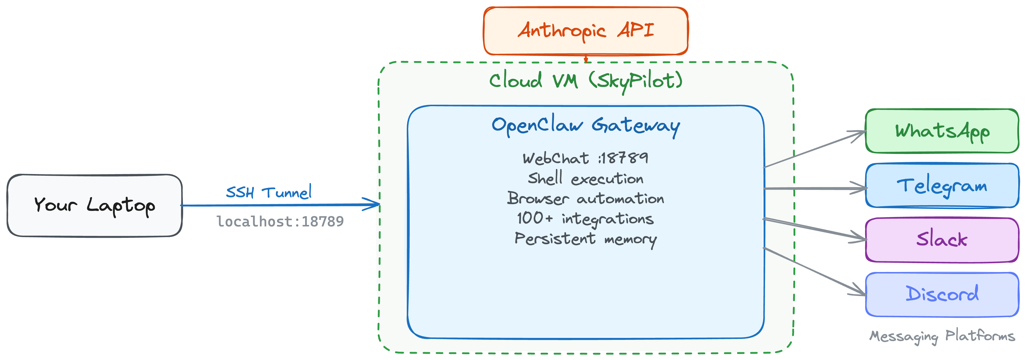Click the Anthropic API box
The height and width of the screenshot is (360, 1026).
click(x=586, y=31)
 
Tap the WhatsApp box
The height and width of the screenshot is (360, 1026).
click(x=942, y=131)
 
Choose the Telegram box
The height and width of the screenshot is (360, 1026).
click(x=942, y=185)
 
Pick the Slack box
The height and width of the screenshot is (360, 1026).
click(x=942, y=240)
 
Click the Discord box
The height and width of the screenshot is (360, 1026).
click(x=942, y=294)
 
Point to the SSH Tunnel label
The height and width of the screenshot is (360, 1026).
click(x=269, y=192)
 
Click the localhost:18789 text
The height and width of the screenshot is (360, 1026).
click(x=280, y=221)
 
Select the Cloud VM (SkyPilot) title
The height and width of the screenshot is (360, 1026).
click(x=586, y=81)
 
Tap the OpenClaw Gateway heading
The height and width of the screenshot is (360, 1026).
click(x=586, y=125)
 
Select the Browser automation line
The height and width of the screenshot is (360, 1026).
click(x=586, y=198)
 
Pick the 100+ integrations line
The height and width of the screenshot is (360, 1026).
click(x=586, y=219)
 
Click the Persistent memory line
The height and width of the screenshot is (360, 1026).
click(x=586, y=239)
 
